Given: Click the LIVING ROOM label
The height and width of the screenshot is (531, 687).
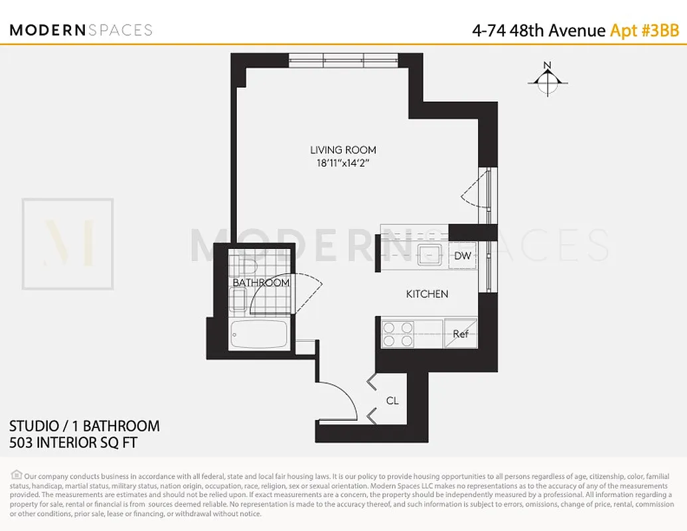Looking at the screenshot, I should click(343, 150).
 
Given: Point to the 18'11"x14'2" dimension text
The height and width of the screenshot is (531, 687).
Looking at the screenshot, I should click(343, 163).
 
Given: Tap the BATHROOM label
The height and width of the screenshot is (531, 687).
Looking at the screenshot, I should click(261, 283).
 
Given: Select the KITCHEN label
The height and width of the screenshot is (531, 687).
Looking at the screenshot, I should click(427, 293).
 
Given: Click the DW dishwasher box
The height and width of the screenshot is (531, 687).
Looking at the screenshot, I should click(463, 256).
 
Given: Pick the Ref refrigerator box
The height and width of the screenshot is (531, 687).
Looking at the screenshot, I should click(461, 334).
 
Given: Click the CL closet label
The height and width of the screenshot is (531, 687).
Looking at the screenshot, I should click(392, 401).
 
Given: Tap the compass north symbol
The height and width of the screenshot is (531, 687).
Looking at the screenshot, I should click(547, 80).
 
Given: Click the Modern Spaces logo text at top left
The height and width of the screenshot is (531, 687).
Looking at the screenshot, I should click(81, 30).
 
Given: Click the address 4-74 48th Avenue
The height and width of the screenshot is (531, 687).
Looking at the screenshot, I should click(538, 31).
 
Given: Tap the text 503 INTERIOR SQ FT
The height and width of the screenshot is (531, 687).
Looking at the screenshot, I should click(73, 442).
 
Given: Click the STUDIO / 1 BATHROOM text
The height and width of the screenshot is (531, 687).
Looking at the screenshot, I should click(84, 425).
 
